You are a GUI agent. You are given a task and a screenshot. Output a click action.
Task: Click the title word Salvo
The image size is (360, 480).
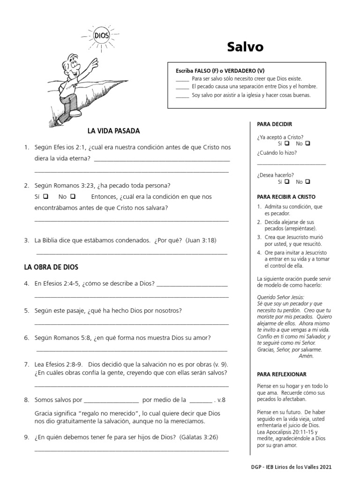coord(245,47)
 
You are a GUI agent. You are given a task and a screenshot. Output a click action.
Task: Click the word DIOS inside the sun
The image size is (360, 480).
coord(101,36)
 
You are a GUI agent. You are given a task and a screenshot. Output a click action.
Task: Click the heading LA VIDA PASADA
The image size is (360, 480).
coord(113,131)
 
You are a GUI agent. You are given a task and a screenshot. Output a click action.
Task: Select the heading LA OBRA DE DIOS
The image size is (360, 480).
coord(51,267)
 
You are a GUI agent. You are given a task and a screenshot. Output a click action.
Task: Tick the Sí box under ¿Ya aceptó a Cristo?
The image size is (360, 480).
coord(286,143)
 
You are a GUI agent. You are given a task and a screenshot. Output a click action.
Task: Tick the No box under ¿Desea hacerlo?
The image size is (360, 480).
coord(308,181)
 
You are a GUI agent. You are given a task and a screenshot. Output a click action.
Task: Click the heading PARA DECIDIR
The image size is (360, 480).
coord(275,124)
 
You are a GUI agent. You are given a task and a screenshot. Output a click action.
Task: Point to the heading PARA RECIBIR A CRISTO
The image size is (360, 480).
coord(286,197)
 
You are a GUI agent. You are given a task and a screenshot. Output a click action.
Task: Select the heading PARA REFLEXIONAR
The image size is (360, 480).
coord(282,375)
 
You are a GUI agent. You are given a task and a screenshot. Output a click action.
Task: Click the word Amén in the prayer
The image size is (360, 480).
coord(306,356)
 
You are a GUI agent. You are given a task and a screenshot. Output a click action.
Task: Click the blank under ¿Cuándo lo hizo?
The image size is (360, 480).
coord(291,163)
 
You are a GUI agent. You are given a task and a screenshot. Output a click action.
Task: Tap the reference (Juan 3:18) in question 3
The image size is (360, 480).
coord(201,240)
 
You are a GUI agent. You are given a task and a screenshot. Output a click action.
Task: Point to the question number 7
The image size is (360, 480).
coord(27,364)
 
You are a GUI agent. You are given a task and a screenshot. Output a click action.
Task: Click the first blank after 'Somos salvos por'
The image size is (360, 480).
coord(111,400)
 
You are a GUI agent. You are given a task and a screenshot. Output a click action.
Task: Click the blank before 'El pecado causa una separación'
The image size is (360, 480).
coord(182,87)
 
